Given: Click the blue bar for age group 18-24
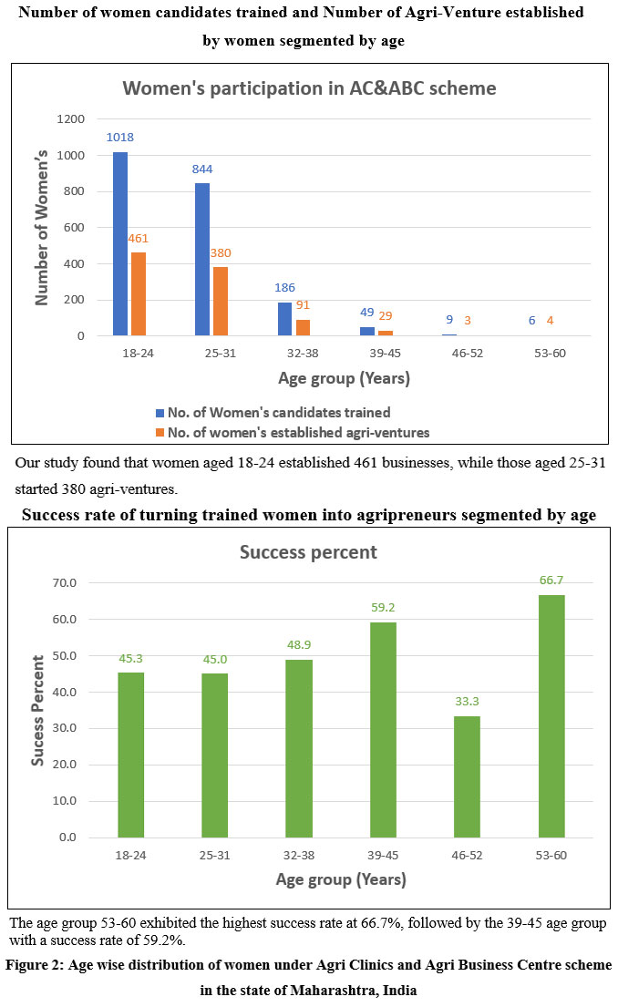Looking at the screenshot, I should pos(119,244).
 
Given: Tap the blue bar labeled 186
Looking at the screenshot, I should pos(283,319).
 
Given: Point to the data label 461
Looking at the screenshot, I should pos(138,239).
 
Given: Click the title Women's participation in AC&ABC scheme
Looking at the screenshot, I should pos(309,88).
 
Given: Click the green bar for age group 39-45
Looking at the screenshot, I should pos(383,729).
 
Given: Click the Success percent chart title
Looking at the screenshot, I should pos(308,552).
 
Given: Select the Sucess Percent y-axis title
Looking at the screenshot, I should pos(38,709).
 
